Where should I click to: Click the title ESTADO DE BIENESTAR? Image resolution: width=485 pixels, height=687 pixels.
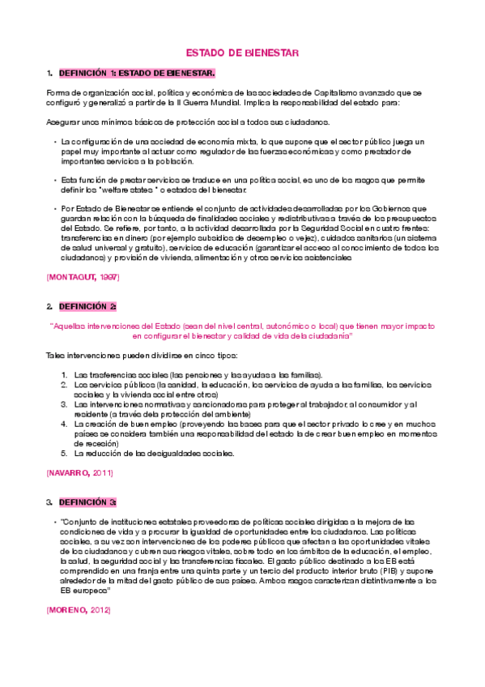click(x=243, y=53)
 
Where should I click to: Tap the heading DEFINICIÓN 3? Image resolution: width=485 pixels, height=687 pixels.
click(x=87, y=502)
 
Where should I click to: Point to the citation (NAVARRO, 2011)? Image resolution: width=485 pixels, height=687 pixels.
click(x=79, y=472)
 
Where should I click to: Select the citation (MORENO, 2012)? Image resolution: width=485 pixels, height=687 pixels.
click(x=79, y=609)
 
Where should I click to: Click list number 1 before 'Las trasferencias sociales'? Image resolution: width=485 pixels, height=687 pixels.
click(x=65, y=375)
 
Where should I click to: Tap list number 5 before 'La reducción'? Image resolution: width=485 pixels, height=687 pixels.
click(x=65, y=454)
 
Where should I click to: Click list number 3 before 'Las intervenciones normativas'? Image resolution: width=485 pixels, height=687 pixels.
click(x=65, y=403)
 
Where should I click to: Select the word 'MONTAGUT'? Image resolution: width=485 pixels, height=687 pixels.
click(x=74, y=277)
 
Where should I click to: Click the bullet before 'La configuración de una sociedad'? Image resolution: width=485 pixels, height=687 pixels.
click(x=53, y=141)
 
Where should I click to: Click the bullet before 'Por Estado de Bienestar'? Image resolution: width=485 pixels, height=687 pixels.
click(x=53, y=209)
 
